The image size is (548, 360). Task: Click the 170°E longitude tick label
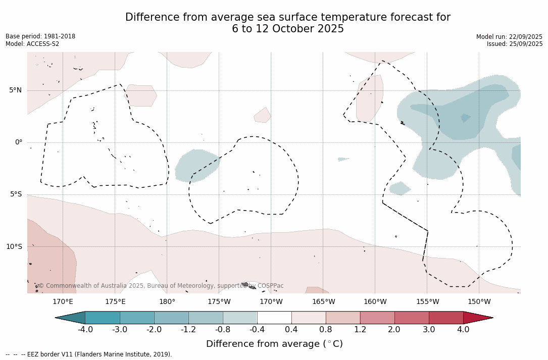click(x=63, y=302)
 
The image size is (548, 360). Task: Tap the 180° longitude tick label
click(x=167, y=302)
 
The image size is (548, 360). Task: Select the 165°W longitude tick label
click(x=323, y=302)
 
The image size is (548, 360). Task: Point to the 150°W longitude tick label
click(x=479, y=302)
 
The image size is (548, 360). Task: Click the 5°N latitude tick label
click(x=15, y=90)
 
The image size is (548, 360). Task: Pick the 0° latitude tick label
click(x=19, y=142)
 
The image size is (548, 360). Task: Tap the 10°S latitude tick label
click(x=14, y=247)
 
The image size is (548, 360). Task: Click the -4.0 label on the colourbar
click(x=85, y=330)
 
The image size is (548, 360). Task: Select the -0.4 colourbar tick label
click(x=257, y=330)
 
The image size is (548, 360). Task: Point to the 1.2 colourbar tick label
click(x=360, y=330)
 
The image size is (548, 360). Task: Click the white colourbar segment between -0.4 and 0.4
click(x=274, y=318)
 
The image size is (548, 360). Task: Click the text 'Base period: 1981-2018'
click(x=40, y=36)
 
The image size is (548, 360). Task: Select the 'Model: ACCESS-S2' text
click(x=32, y=44)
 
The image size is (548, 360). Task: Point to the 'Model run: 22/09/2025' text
click(x=509, y=37)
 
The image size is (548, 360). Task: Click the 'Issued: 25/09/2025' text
click(x=515, y=44)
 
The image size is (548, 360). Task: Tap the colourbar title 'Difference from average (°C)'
click(x=274, y=344)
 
